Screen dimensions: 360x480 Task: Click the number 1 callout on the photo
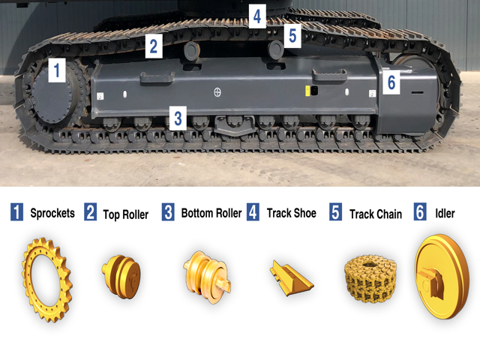57,72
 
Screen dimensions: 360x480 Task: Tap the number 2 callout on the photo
153,46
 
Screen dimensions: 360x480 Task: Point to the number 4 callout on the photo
257,15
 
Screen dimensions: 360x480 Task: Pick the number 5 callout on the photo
292,35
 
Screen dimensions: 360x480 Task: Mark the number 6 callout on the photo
390,82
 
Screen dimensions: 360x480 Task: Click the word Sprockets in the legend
52,213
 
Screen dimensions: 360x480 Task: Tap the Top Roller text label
124,214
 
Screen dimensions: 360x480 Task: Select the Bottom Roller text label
211,213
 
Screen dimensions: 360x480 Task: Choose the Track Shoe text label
292,213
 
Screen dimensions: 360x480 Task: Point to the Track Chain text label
376,214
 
